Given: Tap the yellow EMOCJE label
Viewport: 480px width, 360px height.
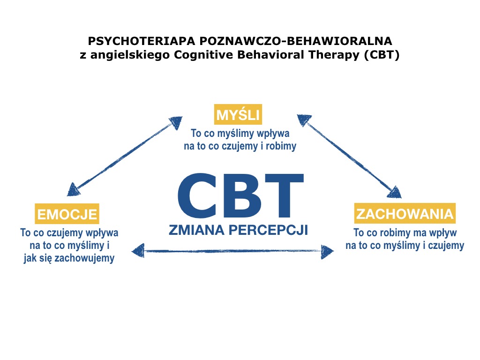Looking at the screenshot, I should pos(67,214).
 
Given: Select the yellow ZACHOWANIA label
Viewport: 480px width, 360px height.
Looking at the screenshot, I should pos(405,214).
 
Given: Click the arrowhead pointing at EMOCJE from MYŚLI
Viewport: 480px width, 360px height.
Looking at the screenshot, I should pos(74,189).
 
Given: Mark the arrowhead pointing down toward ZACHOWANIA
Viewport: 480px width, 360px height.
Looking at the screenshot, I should pos(395,192).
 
